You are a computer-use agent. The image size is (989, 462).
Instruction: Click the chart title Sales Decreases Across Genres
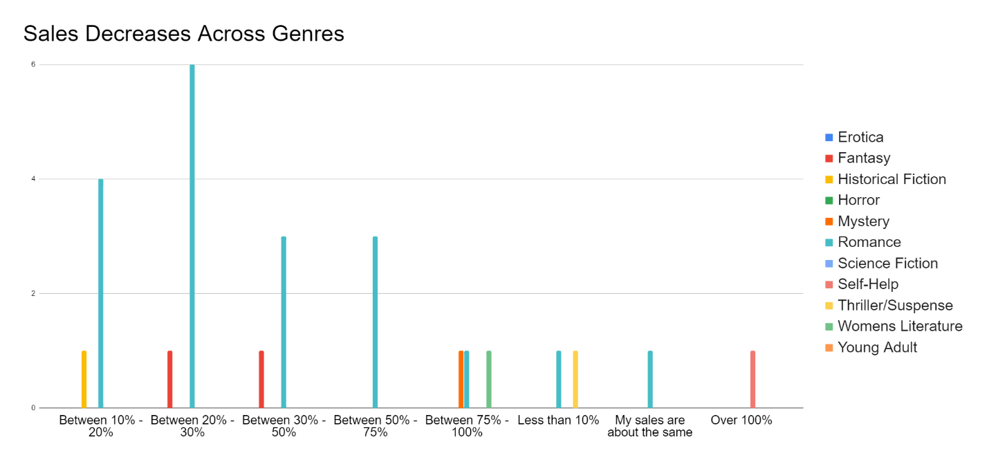click(184, 33)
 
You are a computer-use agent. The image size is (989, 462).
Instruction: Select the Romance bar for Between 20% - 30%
click(192, 236)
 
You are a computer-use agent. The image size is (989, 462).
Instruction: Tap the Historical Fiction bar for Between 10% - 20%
click(84, 379)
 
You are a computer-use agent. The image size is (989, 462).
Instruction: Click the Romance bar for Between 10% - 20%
click(101, 293)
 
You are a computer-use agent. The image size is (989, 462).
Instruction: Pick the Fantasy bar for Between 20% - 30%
click(170, 379)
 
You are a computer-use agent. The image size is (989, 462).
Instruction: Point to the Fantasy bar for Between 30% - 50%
click(261, 379)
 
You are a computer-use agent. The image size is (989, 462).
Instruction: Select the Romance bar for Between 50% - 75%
click(376, 322)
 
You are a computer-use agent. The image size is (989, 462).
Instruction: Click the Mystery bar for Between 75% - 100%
click(461, 379)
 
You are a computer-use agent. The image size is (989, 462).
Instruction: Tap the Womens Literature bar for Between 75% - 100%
click(489, 379)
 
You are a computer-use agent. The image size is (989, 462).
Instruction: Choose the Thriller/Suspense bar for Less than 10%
click(575, 379)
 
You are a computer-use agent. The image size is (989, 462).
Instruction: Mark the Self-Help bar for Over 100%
click(753, 379)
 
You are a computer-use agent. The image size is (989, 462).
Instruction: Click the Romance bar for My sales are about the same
click(650, 379)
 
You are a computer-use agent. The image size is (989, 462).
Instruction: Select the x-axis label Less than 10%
click(559, 420)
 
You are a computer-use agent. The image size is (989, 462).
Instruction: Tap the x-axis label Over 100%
click(741, 420)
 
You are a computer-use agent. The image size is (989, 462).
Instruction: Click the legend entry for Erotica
click(860, 137)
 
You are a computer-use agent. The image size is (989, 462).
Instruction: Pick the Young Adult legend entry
click(877, 347)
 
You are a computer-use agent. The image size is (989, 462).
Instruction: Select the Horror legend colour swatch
click(829, 201)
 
